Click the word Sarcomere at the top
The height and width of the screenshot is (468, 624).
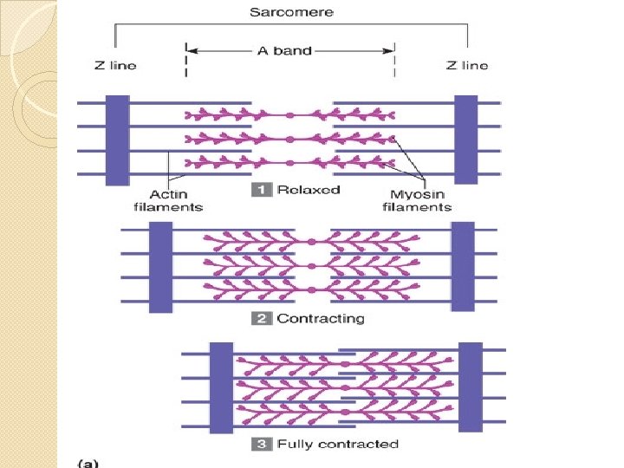[x=291, y=13]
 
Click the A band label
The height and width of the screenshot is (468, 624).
[x=286, y=51]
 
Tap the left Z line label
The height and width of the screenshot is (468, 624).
[x=114, y=65]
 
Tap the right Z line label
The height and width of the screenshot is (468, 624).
[x=466, y=65]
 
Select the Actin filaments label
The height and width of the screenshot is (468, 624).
[x=168, y=201]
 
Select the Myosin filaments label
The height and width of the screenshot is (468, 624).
[x=417, y=201]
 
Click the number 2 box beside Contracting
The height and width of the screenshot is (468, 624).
[x=261, y=319]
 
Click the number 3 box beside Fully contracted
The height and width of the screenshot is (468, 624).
[x=261, y=445]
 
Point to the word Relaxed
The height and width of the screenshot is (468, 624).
[x=308, y=190]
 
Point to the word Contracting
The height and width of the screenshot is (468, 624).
[x=321, y=319]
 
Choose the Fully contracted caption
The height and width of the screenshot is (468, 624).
[x=337, y=445]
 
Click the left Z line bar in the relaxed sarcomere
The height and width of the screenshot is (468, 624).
[x=118, y=139]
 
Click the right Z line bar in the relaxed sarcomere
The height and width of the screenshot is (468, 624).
[x=466, y=139]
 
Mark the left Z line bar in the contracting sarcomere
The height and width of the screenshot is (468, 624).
[x=161, y=266]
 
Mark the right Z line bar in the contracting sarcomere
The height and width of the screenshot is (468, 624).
[x=463, y=266]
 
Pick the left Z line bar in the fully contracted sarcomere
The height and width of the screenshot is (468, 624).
[x=222, y=387]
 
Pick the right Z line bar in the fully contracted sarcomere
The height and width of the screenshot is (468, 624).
[x=471, y=387]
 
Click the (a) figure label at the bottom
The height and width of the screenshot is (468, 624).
[x=89, y=464]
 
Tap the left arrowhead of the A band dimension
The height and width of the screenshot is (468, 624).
[x=193, y=51]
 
